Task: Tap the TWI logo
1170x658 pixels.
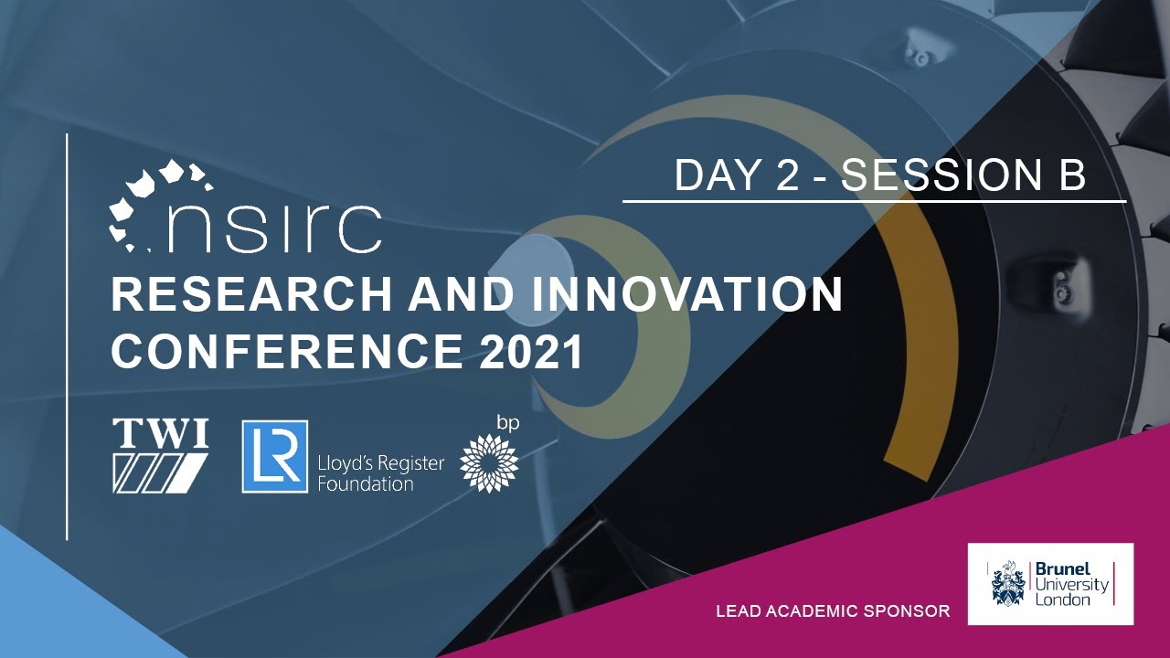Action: point(160,455)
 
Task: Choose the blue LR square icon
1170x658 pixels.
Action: point(274,456)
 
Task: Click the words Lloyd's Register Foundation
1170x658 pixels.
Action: point(380,472)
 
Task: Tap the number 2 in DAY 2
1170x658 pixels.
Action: point(787,175)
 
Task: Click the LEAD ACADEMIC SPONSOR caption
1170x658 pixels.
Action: point(833,610)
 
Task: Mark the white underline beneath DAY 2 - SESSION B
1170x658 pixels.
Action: point(874,201)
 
